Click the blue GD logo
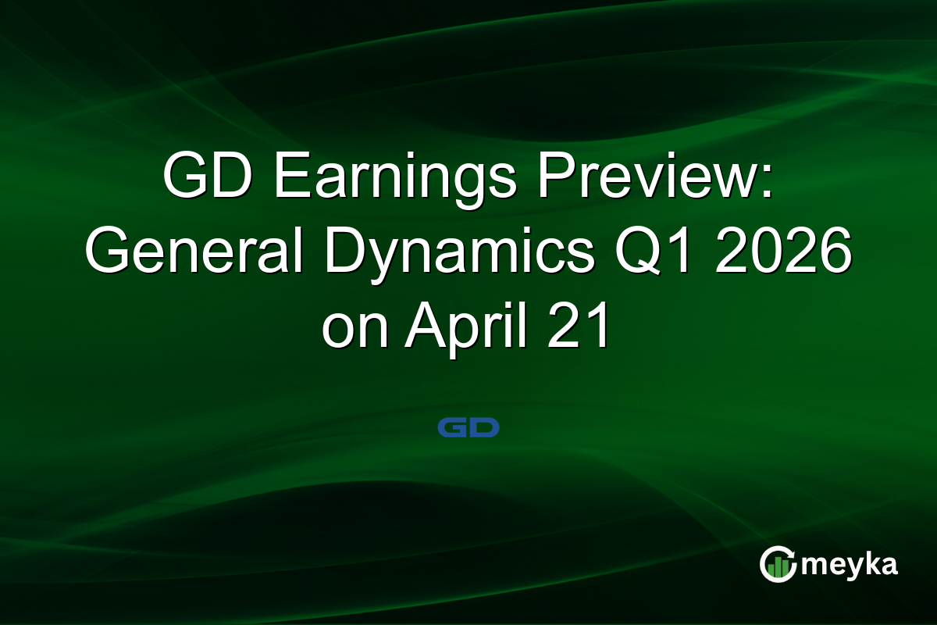pyautogui.click(x=468, y=427)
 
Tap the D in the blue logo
pyautogui.click(x=484, y=427)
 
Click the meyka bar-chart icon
pyautogui.click(x=778, y=564)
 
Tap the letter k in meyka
pyautogui.click(x=865, y=564)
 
